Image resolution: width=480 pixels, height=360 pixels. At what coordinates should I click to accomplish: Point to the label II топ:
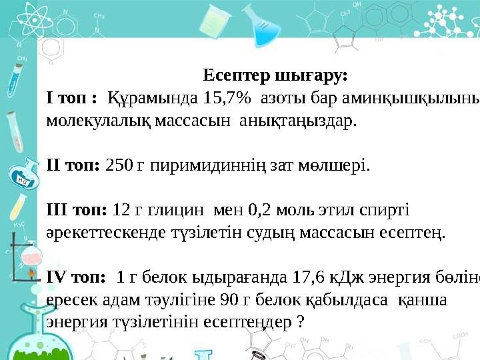point(73,165)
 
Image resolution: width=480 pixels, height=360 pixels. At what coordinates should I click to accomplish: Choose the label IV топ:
point(75,277)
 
